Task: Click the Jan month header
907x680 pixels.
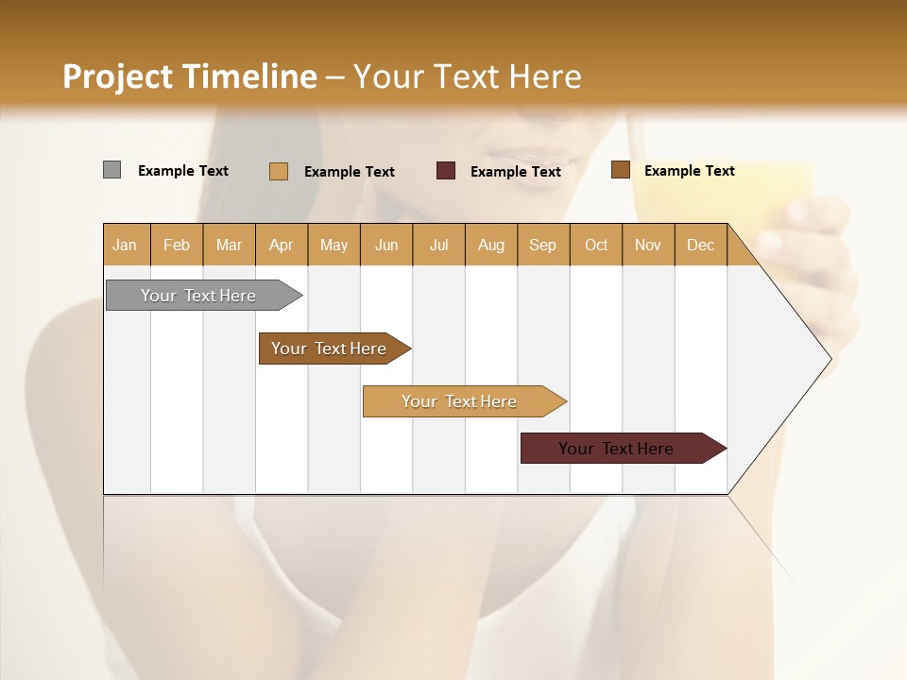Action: pyautogui.click(x=126, y=245)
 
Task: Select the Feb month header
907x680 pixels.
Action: pyautogui.click(x=177, y=245)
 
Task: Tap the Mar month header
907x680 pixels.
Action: pyautogui.click(x=229, y=245)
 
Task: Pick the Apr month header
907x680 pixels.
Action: pyautogui.click(x=282, y=245)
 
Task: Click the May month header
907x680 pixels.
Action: pyautogui.click(x=334, y=245)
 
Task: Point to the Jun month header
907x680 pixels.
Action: pyautogui.click(x=386, y=245)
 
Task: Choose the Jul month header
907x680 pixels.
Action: pyautogui.click(x=438, y=245)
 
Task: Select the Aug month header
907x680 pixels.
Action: pyautogui.click(x=491, y=245)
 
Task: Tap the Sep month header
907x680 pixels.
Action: pyautogui.click(x=543, y=245)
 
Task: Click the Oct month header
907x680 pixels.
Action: pyautogui.click(x=596, y=245)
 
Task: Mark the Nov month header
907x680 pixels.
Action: pyautogui.click(x=648, y=245)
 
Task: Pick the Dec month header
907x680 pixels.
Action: pyautogui.click(x=700, y=245)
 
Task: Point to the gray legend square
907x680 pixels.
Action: pyautogui.click(x=111, y=170)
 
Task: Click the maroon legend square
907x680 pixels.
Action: pyautogui.click(x=446, y=171)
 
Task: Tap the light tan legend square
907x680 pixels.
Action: pyautogui.click(x=278, y=171)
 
